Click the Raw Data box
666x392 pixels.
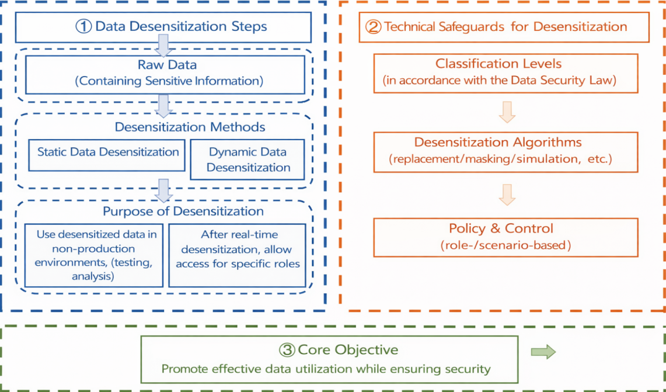click(168, 74)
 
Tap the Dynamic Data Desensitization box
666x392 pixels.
click(247, 159)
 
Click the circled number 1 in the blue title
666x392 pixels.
click(84, 26)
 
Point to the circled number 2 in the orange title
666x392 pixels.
click(372, 27)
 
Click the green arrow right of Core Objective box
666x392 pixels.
click(543, 352)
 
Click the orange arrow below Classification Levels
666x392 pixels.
click(507, 112)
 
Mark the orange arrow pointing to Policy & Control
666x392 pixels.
click(507, 196)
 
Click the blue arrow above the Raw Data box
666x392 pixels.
click(163, 44)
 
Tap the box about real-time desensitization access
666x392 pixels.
click(238, 255)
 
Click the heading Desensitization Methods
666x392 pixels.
click(190, 127)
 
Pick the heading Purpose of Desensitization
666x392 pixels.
click(183, 211)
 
